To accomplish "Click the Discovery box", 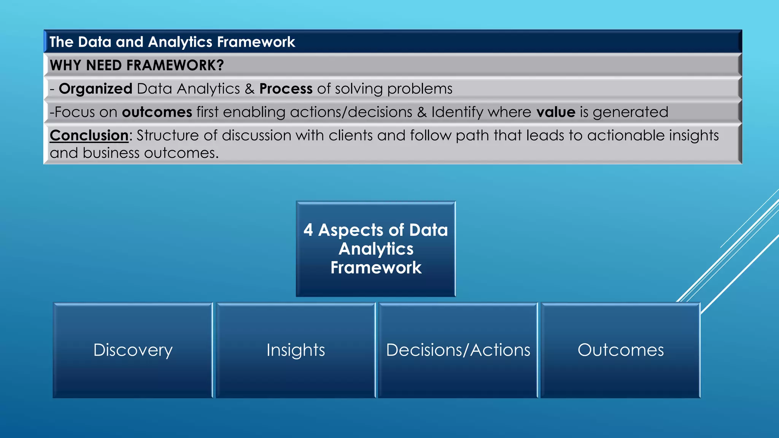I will [133, 350].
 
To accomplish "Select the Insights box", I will [296, 350].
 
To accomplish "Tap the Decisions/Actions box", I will [458, 350].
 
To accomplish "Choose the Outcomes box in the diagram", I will [620, 350].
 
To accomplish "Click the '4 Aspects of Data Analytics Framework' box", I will [376, 249].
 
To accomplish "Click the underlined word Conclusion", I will [89, 135].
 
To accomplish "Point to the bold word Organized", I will [95, 89].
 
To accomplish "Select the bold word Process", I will [286, 89].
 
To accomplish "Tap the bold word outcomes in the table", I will [157, 112].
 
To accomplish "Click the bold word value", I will [556, 112].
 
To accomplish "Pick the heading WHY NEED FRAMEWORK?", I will [137, 65].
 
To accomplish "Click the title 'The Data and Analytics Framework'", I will [172, 42].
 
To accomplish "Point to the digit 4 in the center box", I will [308, 230].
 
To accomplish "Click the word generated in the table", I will [630, 112].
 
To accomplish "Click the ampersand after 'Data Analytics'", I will [250, 89].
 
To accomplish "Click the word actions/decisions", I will [351, 112].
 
